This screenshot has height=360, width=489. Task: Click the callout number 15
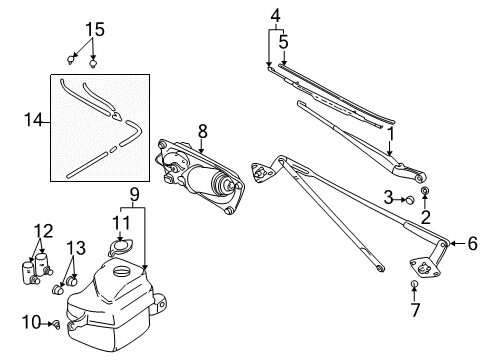coord(93,28)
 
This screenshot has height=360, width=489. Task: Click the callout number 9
coord(134,194)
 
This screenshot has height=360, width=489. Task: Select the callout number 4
coord(275,16)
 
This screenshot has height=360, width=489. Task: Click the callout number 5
coord(283,43)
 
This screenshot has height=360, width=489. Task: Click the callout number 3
coord(388,199)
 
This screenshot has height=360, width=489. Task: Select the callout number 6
coord(472,242)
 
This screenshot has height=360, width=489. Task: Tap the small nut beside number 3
coord(410,199)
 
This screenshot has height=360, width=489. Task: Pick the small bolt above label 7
coord(413,287)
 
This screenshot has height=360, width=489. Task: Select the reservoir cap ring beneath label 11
coord(120,245)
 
